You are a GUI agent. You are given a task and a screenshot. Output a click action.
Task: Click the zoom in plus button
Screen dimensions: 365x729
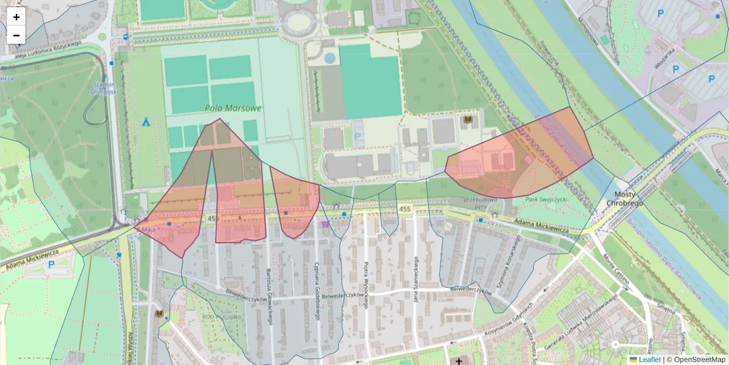point(16,17)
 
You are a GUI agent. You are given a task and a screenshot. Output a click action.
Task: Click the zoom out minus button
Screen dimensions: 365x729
point(16,35)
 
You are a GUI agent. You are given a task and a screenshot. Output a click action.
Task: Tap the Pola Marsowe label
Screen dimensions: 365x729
point(233,108)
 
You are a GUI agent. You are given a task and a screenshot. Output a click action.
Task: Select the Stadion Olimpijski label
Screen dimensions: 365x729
point(106,88)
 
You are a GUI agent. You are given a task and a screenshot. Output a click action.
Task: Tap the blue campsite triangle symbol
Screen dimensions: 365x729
point(146,122)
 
